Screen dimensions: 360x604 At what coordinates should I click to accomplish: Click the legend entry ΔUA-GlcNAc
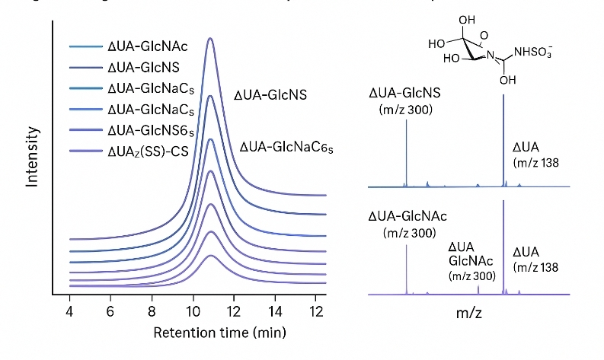(x=147, y=47)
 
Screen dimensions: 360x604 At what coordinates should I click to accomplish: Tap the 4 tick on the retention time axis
(x=70, y=311)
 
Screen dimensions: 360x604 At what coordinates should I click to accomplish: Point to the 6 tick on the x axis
(x=111, y=311)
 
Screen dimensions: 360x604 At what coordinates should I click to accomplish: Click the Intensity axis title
(x=32, y=157)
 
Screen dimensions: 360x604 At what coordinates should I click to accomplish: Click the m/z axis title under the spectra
(x=467, y=313)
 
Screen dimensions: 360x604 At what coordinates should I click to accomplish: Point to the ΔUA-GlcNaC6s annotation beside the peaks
(x=287, y=146)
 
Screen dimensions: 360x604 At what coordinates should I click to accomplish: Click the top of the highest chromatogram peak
(x=211, y=38)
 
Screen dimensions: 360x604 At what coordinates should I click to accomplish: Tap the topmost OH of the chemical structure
(x=467, y=20)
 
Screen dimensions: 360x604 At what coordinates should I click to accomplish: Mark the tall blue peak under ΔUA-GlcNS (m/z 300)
(x=407, y=152)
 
